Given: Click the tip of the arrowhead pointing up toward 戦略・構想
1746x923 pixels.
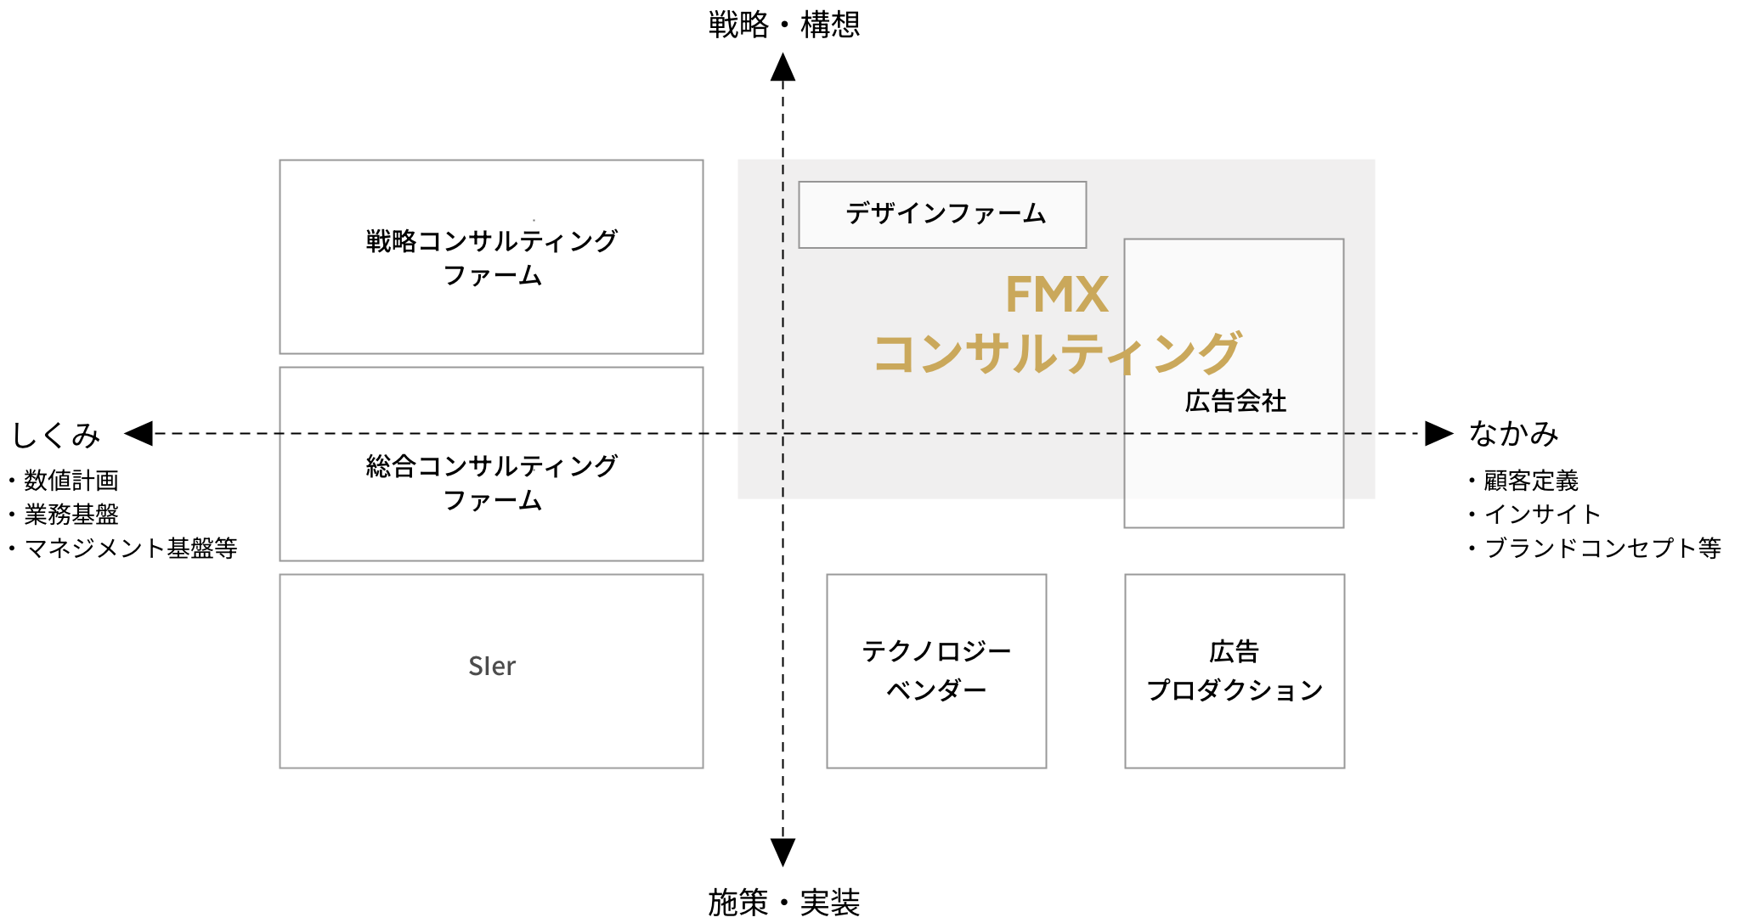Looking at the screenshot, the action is pyautogui.click(x=783, y=53).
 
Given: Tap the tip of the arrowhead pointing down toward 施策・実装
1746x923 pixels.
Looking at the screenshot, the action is pyautogui.click(x=783, y=866).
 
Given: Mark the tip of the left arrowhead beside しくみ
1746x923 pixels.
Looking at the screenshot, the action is pyautogui.click(x=124, y=433).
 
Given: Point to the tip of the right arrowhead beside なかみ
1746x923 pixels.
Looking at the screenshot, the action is pyautogui.click(x=1454, y=433).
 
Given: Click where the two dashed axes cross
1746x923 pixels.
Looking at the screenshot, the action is pyautogui.click(x=783, y=433).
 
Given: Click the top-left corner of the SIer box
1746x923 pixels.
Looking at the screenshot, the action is pyautogui.click(x=280, y=575).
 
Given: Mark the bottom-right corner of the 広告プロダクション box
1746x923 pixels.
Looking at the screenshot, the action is pyautogui.click(x=1344, y=768).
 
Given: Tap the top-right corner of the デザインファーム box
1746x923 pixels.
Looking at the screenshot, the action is pyautogui.click(x=1086, y=182).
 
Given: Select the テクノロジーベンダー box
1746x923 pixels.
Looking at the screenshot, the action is pyautogui.click(x=936, y=672).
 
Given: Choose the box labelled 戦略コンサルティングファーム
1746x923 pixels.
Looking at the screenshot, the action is pyautogui.click(x=491, y=256).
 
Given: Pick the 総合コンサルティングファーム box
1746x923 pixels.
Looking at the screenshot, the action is pyautogui.click(x=491, y=464).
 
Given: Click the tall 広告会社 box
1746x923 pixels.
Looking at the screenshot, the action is pyautogui.click(x=1234, y=383).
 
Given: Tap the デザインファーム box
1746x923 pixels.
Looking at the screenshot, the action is pyautogui.click(x=942, y=215).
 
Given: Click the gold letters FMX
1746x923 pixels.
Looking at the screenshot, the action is pyautogui.click(x=1056, y=295).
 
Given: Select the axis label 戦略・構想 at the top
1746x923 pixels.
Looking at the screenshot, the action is pyautogui.click(x=784, y=24).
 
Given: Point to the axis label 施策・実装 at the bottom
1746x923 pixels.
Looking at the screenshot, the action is pyautogui.click(x=784, y=902).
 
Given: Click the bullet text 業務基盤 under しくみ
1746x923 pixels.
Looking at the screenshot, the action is pyautogui.click(x=71, y=514).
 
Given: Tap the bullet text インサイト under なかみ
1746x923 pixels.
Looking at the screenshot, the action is pyautogui.click(x=1542, y=514).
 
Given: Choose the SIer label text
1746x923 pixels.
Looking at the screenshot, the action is pyautogui.click(x=492, y=667).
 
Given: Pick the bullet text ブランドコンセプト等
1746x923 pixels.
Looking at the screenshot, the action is pyautogui.click(x=1602, y=548).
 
